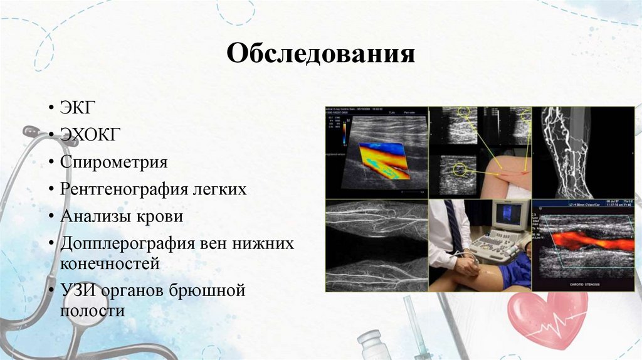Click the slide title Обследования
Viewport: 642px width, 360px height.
tap(320, 55)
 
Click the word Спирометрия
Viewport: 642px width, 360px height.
tap(114, 162)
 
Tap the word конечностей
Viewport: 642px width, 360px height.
tap(110, 263)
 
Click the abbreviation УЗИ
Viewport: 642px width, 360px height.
tap(77, 290)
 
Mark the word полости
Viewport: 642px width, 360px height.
tap(93, 311)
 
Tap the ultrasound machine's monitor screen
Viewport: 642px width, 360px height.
tap(508, 214)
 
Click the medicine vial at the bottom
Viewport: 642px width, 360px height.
tap(374, 346)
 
